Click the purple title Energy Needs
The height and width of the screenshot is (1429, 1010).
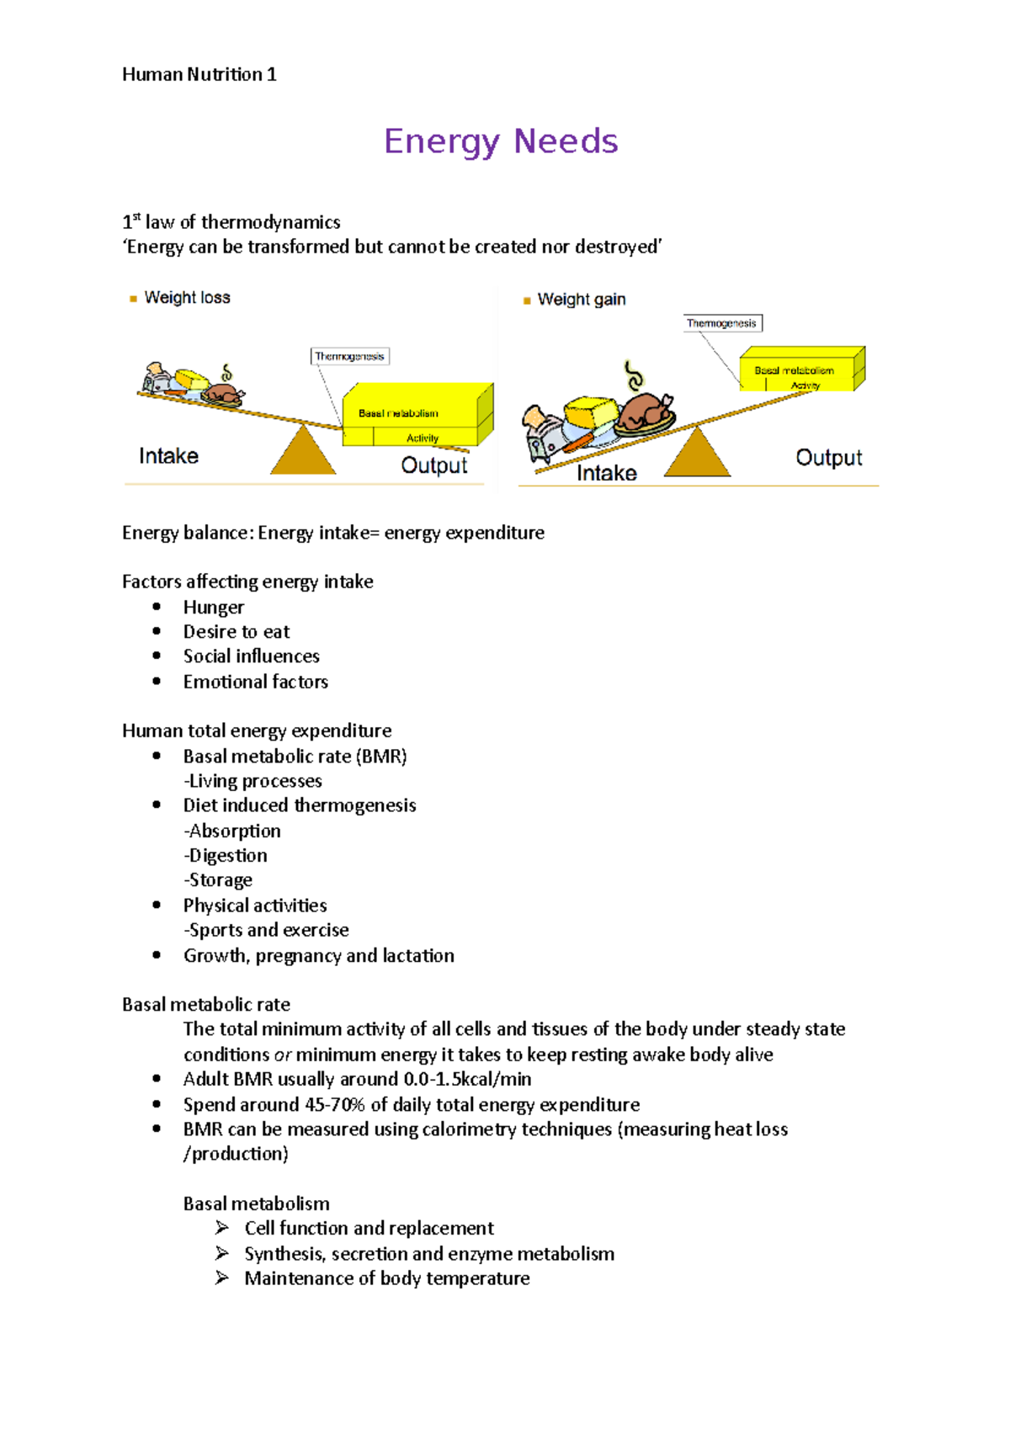coord(501,141)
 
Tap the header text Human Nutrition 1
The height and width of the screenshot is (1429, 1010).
coord(199,74)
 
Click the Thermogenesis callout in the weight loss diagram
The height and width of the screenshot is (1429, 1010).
coord(349,357)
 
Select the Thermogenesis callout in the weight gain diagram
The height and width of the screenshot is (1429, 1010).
coord(721,323)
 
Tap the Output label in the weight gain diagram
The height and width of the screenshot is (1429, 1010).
coord(828,458)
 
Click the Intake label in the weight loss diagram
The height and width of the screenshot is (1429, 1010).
coord(168,456)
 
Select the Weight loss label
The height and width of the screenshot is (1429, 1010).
coord(187,298)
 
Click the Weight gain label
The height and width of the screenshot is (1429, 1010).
coord(581,300)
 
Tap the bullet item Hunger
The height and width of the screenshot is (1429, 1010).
coord(214,608)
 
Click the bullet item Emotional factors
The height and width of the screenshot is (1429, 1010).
coord(256,682)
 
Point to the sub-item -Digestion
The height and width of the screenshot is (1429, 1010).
coord(226,856)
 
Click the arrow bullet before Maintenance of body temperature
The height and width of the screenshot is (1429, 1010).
coord(222,1278)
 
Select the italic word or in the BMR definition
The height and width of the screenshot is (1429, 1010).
coord(283,1055)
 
